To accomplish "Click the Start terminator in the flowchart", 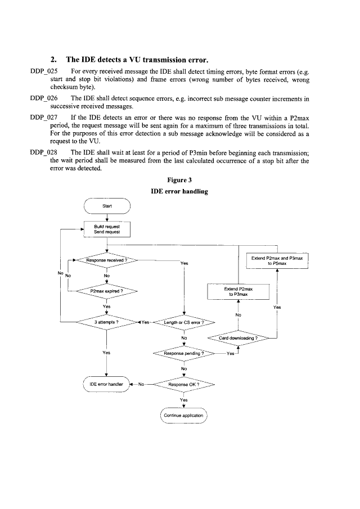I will point(107,206).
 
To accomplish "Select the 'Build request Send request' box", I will point(107,229).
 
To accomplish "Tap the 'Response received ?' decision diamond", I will point(107,262).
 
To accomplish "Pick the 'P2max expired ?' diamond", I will point(107,291).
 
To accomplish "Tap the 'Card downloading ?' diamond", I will point(241,338).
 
